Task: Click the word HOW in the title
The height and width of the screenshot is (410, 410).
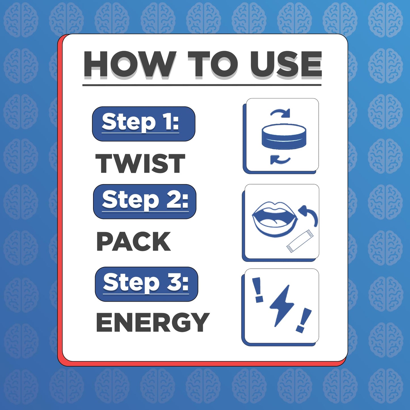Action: pyautogui.click(x=130, y=64)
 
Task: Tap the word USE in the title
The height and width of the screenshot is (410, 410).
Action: pyautogui.click(x=285, y=64)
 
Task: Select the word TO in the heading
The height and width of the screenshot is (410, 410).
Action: pyautogui.click(x=213, y=64)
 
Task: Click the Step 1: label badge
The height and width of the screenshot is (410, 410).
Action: pyautogui.click(x=144, y=124)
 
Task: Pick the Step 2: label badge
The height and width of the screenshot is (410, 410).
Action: pyautogui.click(x=145, y=201)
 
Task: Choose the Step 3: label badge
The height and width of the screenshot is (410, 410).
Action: pyautogui.click(x=146, y=284)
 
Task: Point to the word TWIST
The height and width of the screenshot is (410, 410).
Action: pyautogui.click(x=140, y=163)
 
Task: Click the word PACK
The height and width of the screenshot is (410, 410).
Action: pyautogui.click(x=134, y=241)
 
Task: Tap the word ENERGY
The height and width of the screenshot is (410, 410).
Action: pyautogui.click(x=153, y=322)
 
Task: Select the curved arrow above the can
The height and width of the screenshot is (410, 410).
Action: pyautogui.click(x=280, y=113)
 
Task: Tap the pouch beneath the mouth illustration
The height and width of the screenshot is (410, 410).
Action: pyautogui.click(x=300, y=241)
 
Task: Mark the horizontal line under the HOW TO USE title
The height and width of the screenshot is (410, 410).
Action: pyautogui.click(x=202, y=85)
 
